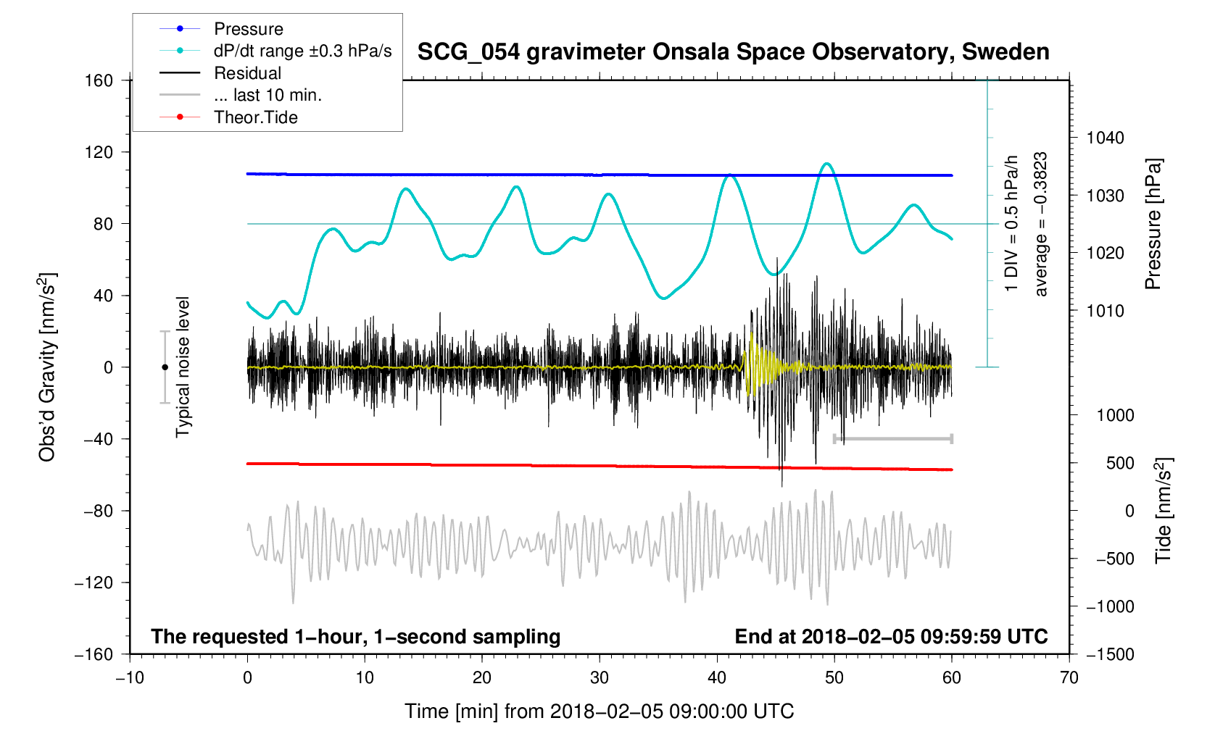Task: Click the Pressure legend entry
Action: point(248,29)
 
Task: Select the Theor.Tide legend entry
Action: point(255,117)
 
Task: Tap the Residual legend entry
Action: point(247,73)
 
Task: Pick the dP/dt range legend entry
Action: point(302,51)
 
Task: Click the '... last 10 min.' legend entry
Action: point(268,95)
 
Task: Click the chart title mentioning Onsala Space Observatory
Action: point(733,52)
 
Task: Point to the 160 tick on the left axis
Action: point(99,80)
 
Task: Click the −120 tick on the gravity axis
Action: point(94,583)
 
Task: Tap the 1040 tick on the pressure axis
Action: point(1105,138)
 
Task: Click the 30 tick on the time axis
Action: point(600,677)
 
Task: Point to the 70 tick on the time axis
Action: point(1069,677)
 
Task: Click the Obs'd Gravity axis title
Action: point(48,367)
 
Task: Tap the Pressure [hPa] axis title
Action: point(1153,224)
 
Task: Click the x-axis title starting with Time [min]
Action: point(599,711)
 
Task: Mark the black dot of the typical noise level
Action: point(165,367)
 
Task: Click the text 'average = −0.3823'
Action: point(1041,224)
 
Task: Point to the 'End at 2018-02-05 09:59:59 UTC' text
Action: point(891,637)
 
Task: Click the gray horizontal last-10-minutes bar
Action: point(893,438)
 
